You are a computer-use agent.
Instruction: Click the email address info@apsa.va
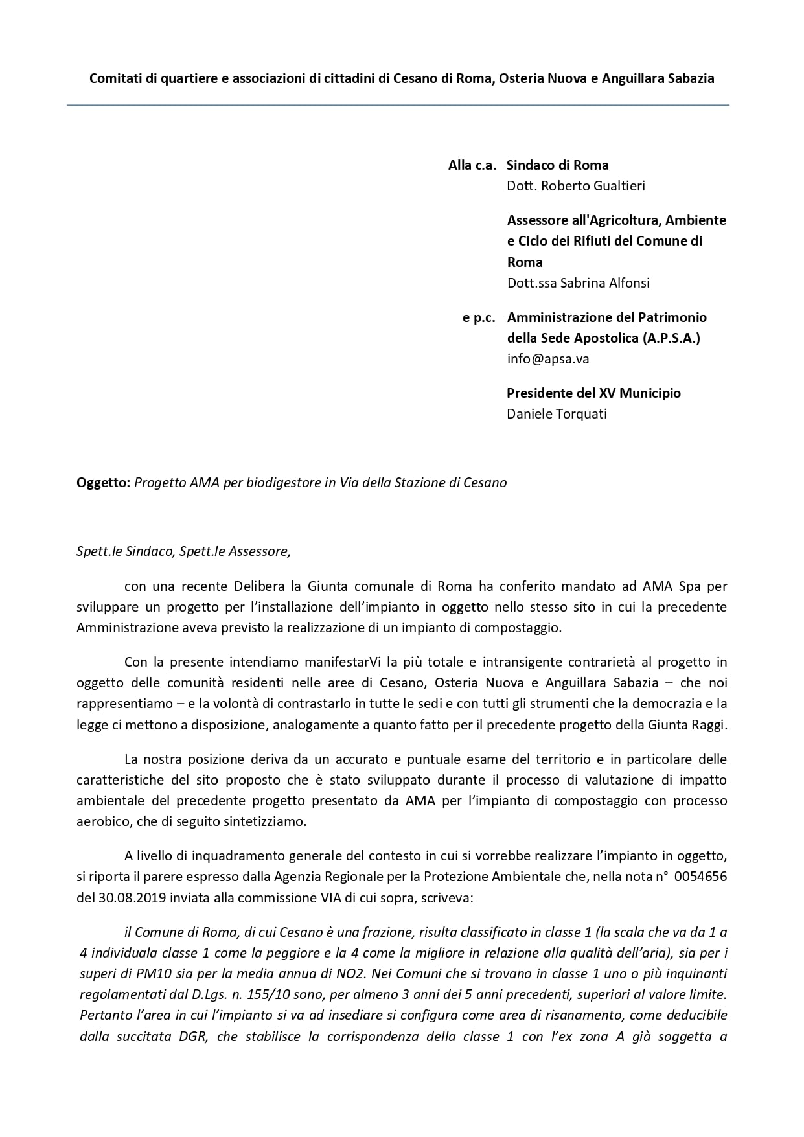[547, 359]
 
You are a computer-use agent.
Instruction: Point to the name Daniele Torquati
[557, 414]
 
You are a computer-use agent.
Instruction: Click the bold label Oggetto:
[104, 483]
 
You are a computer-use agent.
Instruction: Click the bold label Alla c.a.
[472, 165]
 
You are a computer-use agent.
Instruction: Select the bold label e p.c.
[479, 317]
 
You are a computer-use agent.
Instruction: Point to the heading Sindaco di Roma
[557, 165]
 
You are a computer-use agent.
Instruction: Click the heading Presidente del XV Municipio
[593, 393]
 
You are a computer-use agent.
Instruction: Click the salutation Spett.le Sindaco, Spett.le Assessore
[183, 551]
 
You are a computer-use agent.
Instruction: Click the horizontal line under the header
[398, 105]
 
